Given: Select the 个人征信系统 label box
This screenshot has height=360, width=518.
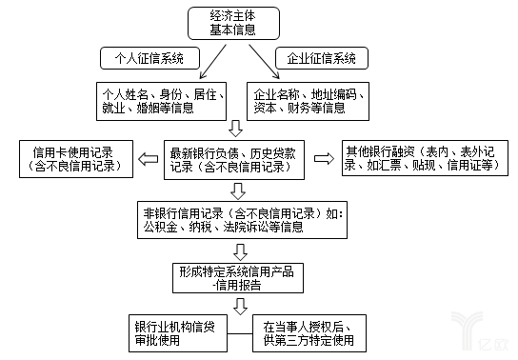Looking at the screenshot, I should click(145, 58).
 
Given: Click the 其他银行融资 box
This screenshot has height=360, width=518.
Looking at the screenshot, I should click(420, 158).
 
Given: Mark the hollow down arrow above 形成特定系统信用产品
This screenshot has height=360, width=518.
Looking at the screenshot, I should click(240, 250).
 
